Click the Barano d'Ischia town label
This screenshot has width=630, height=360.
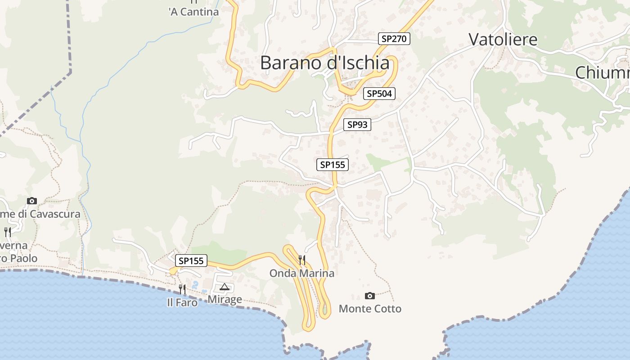pos(324,63)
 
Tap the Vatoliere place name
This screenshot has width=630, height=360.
pos(503,40)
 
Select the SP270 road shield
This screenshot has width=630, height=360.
pos(394,39)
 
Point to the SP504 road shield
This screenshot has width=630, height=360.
pos(379,94)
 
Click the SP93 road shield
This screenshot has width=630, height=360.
pos(357,125)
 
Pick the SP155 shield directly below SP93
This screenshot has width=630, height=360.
pos(333,165)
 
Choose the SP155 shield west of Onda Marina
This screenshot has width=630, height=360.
pos(191,261)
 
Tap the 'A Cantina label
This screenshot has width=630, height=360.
pos(193,12)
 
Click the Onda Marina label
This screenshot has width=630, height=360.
pos(301,273)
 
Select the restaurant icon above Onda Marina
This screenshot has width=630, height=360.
pos(302,260)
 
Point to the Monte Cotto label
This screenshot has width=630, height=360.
pos(370,309)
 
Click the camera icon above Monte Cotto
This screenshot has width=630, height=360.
pos(370,296)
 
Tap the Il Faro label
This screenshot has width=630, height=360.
pos(182,303)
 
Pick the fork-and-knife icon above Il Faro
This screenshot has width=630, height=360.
pos(182,288)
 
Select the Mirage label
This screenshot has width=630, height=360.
pos(225,299)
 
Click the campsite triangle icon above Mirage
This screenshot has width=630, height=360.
pos(224,287)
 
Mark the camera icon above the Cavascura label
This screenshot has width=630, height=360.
pos(31,201)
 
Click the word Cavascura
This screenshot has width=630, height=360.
pos(55,214)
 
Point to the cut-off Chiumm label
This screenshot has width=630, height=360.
pos(602,72)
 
